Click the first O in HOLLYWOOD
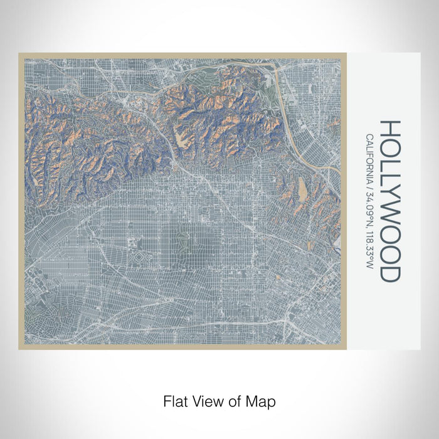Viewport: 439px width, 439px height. point(389,147)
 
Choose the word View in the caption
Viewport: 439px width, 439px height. point(206,400)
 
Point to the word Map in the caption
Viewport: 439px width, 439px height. point(262,400)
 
